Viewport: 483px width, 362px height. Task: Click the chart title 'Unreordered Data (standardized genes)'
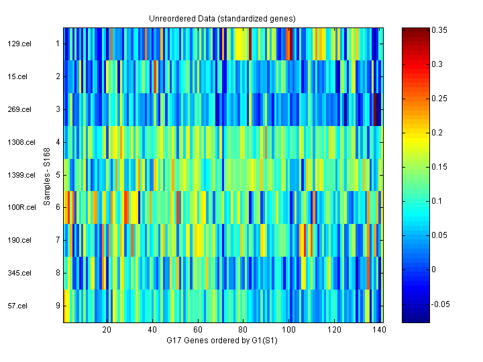[x=222, y=18]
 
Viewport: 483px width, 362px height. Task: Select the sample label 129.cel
[x=18, y=44]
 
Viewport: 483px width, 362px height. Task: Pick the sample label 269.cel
[x=18, y=109]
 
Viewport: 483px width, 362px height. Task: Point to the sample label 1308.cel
[x=18, y=142]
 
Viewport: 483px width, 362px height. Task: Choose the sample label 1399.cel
[x=18, y=175]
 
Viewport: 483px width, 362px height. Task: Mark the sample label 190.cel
[x=18, y=240]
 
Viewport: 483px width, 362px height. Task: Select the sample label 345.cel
[x=18, y=273]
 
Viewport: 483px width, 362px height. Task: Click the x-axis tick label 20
[x=107, y=330]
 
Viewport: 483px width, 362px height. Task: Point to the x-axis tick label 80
[x=244, y=330]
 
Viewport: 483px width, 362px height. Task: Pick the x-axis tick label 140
[x=380, y=330]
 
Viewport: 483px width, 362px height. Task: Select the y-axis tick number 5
[x=58, y=175]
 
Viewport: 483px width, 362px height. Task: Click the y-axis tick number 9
[x=58, y=306]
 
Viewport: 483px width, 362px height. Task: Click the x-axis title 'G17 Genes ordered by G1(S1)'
[x=222, y=341]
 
